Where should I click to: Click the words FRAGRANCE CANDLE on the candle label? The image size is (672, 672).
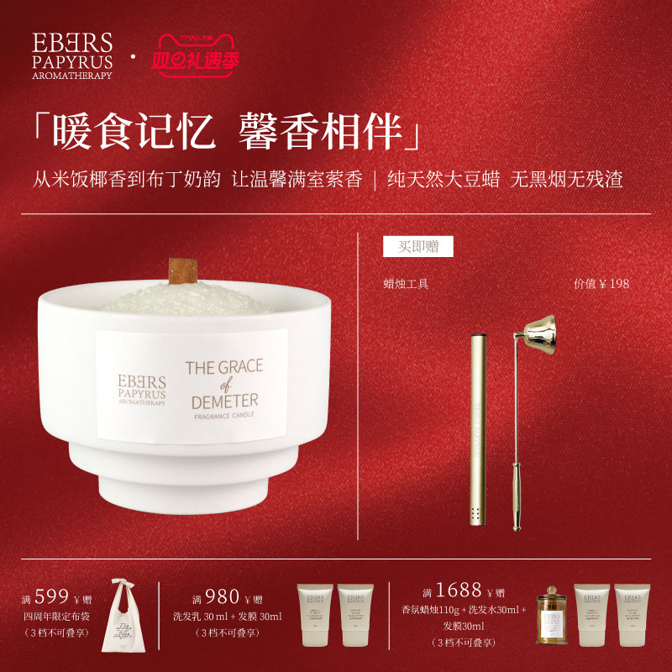(223, 414)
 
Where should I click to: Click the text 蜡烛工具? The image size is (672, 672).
(406, 284)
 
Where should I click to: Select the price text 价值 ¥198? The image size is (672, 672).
(601, 284)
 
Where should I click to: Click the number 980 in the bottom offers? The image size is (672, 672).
(222, 596)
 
